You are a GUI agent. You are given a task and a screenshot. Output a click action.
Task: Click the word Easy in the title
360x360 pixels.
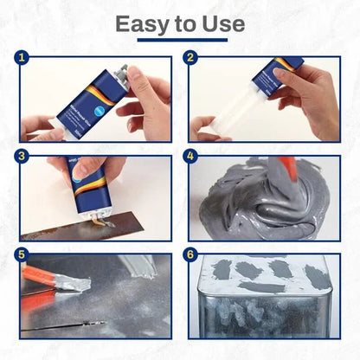140,23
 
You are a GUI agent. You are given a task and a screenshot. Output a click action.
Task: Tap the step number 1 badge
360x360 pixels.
23,60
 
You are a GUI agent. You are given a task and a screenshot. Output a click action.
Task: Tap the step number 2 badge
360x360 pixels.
191,60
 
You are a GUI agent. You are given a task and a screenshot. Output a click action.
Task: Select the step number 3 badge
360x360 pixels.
23,157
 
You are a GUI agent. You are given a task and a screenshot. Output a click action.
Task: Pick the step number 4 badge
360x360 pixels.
191,157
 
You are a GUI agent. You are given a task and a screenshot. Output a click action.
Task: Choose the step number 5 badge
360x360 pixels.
23,255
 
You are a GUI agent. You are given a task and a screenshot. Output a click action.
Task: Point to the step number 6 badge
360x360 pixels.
191,255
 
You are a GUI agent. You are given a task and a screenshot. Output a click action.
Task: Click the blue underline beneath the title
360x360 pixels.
180,40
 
